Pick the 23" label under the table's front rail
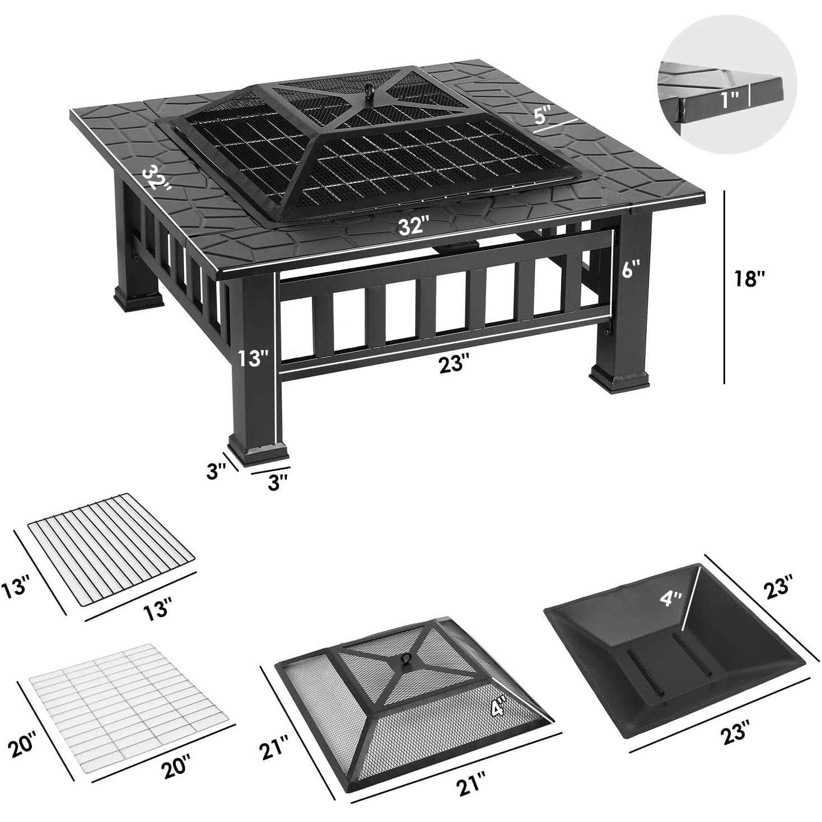point(453,363)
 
